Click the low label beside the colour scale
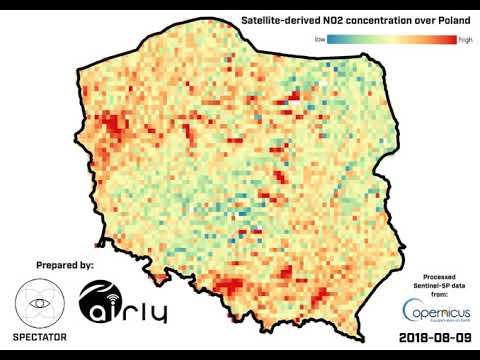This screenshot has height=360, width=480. click(x=320, y=39)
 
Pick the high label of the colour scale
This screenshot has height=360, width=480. click(x=465, y=39)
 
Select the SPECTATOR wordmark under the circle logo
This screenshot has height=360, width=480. click(x=41, y=337)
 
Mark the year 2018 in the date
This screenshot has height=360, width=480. click(x=416, y=338)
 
